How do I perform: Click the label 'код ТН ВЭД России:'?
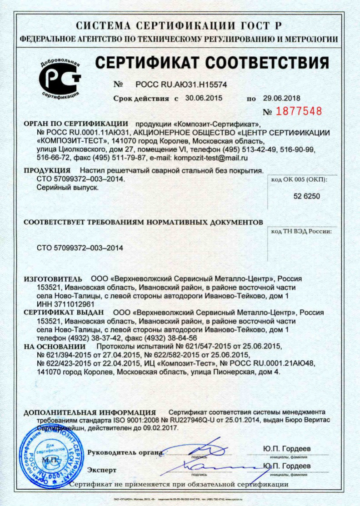click(x=301, y=232)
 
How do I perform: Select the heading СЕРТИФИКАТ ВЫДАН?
click(x=64, y=313)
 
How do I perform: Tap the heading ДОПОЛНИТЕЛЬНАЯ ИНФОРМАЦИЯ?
click(x=90, y=412)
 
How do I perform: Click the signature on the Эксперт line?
click(x=205, y=466)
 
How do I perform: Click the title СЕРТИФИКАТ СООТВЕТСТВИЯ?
click(x=212, y=63)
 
